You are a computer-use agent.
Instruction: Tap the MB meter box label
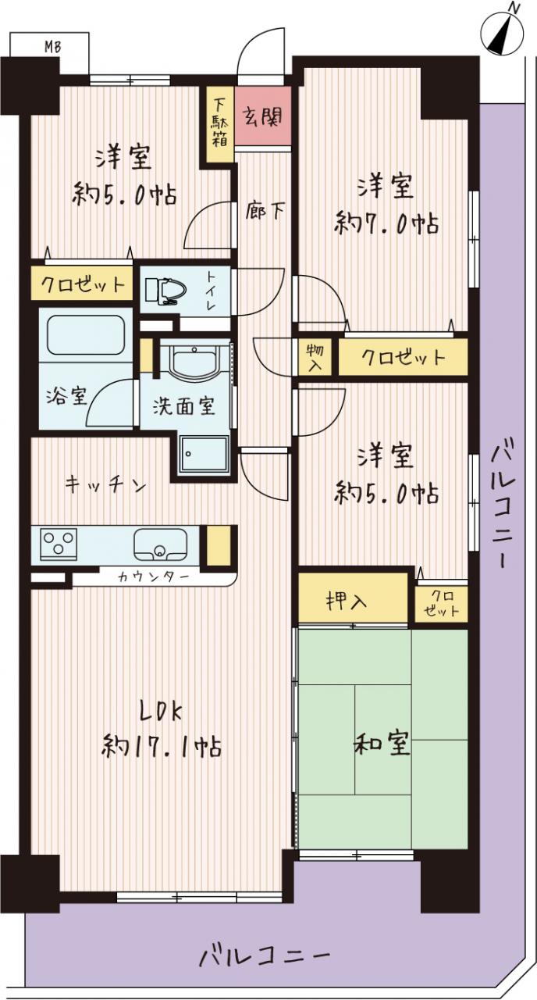(52, 46)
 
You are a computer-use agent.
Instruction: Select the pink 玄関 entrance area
(263, 116)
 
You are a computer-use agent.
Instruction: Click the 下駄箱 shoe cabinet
(219, 124)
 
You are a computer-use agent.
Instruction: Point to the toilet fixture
(166, 291)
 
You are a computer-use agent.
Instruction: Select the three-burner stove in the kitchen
(59, 543)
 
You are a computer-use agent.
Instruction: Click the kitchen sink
(161, 544)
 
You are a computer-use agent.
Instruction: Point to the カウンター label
(153, 577)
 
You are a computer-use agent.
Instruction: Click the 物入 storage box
(315, 357)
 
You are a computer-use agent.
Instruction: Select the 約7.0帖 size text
(386, 223)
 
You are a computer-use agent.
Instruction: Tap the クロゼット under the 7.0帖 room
(404, 357)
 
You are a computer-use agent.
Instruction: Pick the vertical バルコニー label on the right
(504, 503)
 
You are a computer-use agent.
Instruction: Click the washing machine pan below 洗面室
(204, 454)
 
